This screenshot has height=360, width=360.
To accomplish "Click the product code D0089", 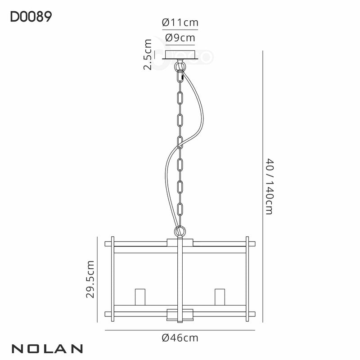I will [31, 17].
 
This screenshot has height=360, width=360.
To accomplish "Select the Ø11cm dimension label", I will [180, 22].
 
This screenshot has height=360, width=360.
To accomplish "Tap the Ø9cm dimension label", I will [180, 38].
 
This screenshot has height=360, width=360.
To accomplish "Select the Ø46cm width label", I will [180, 337].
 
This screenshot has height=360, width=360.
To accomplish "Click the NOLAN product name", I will [46, 348].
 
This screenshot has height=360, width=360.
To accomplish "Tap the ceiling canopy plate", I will [180, 54].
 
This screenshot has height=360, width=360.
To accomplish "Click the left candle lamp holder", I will [139, 297].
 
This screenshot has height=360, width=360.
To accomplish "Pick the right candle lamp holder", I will [220, 297].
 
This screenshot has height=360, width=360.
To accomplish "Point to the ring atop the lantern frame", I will [180, 232].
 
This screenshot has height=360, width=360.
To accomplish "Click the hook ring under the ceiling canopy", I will [180, 67].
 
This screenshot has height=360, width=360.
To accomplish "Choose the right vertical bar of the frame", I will [247, 279].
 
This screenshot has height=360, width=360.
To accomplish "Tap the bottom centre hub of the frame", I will [180, 314].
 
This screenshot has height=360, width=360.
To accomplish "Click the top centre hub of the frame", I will [180, 243].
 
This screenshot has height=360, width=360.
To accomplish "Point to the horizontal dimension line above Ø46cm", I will [180, 329].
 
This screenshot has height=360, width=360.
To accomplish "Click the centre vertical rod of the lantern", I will [180, 279].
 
